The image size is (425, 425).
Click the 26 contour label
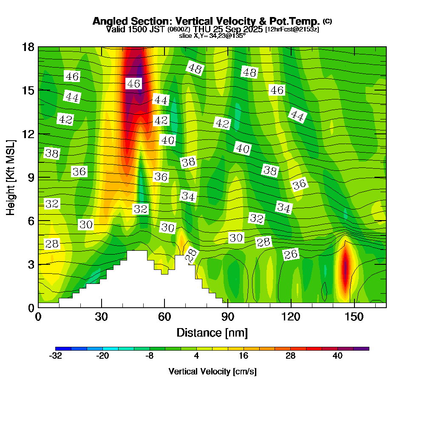tap(291, 255)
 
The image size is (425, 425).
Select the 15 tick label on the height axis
tap(27, 90)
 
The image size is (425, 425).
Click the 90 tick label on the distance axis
tap(228, 317)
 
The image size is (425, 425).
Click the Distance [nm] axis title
tap(212, 332)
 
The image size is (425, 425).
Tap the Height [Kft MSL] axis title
tap(11, 177)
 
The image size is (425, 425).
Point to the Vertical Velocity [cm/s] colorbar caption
tap(212, 371)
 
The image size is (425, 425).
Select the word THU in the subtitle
tap(201, 29)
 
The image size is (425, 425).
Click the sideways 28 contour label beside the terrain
tap(192, 255)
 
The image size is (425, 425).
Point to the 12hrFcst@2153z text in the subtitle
tap(292, 29)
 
